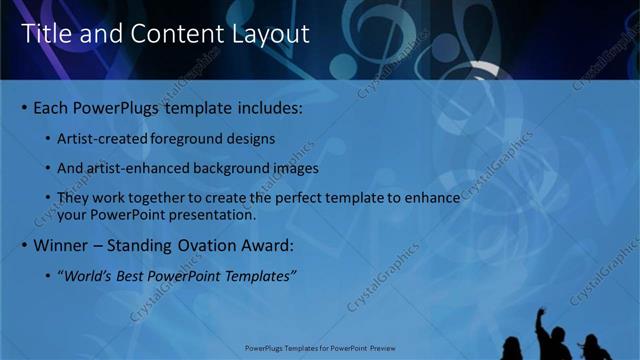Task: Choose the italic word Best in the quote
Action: pos(140,275)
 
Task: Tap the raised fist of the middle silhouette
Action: pos(541,313)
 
